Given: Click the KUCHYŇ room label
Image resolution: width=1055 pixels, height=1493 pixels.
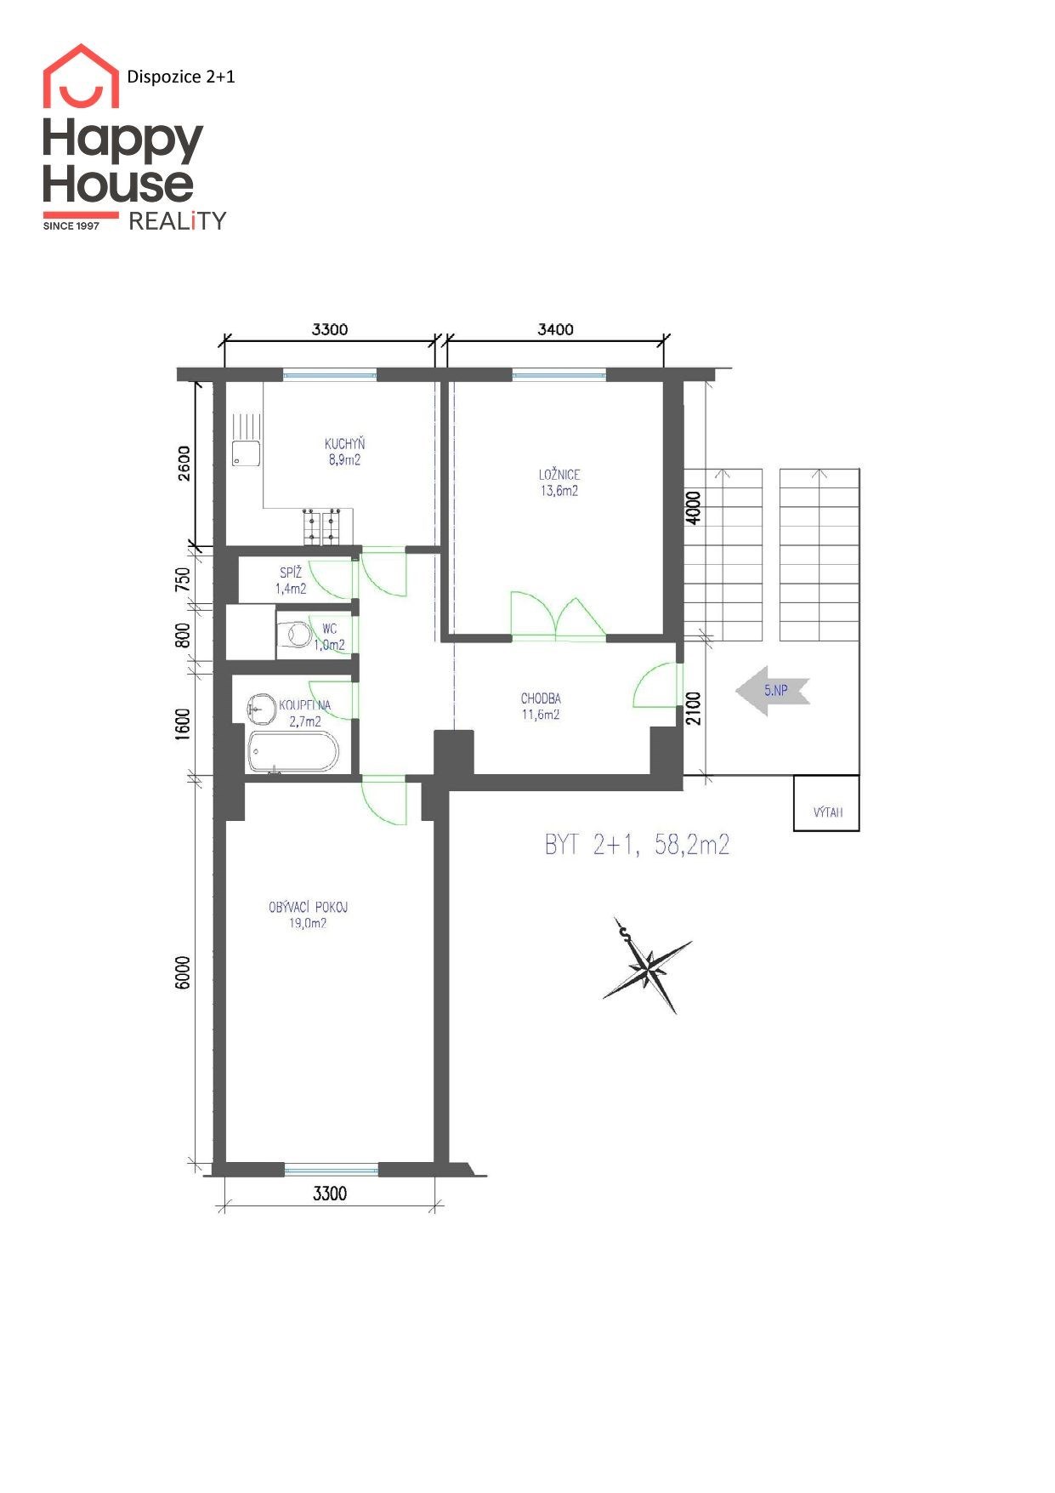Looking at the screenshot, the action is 344,443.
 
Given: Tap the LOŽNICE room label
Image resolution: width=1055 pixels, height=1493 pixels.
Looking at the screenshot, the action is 559,475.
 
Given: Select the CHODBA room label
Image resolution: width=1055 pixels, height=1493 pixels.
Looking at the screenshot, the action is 541,698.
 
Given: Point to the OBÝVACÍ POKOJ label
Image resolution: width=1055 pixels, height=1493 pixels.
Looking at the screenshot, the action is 308,907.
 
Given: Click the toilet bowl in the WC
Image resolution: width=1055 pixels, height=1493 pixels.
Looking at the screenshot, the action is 296,635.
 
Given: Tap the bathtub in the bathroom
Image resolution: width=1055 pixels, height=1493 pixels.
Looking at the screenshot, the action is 292,752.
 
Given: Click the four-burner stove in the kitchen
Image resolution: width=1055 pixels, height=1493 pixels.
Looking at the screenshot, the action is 321,526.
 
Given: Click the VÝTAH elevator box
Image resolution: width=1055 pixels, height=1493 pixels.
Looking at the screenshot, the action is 826,803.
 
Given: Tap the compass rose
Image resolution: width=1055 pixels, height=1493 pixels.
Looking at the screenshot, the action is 648,966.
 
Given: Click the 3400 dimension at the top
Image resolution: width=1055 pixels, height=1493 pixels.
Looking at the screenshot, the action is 555,329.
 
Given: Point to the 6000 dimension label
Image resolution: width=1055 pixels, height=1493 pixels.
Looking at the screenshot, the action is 182,972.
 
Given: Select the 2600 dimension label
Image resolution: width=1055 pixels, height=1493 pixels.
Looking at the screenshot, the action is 184,464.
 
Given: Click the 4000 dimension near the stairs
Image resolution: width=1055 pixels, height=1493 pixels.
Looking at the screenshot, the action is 694,508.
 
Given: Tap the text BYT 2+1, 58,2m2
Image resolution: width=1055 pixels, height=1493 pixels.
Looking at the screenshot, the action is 637,845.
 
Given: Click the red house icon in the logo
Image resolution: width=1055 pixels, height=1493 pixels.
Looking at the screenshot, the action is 81,76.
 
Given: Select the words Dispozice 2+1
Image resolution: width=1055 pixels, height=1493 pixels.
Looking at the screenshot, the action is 181,77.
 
